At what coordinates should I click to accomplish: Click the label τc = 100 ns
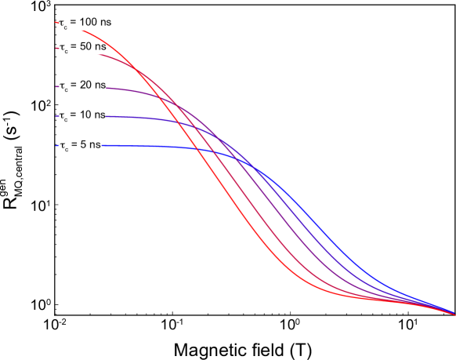pyautogui.click(x=84, y=24)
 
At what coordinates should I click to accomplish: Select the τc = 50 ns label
pyautogui.click(x=82, y=48)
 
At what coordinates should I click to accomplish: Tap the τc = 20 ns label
pyautogui.click(x=82, y=85)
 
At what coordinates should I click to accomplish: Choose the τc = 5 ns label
pyautogui.click(x=79, y=145)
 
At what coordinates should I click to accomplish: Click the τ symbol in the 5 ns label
pyautogui.click(x=62, y=145)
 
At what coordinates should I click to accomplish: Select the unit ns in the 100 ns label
pyautogui.click(x=103, y=23)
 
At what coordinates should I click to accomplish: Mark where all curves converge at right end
pyautogui.click(x=454, y=314)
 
